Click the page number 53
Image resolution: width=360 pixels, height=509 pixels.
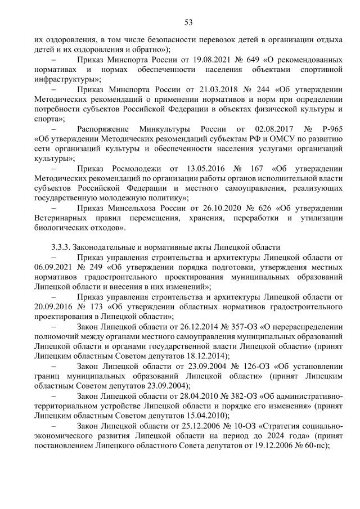[x=188, y=22]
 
